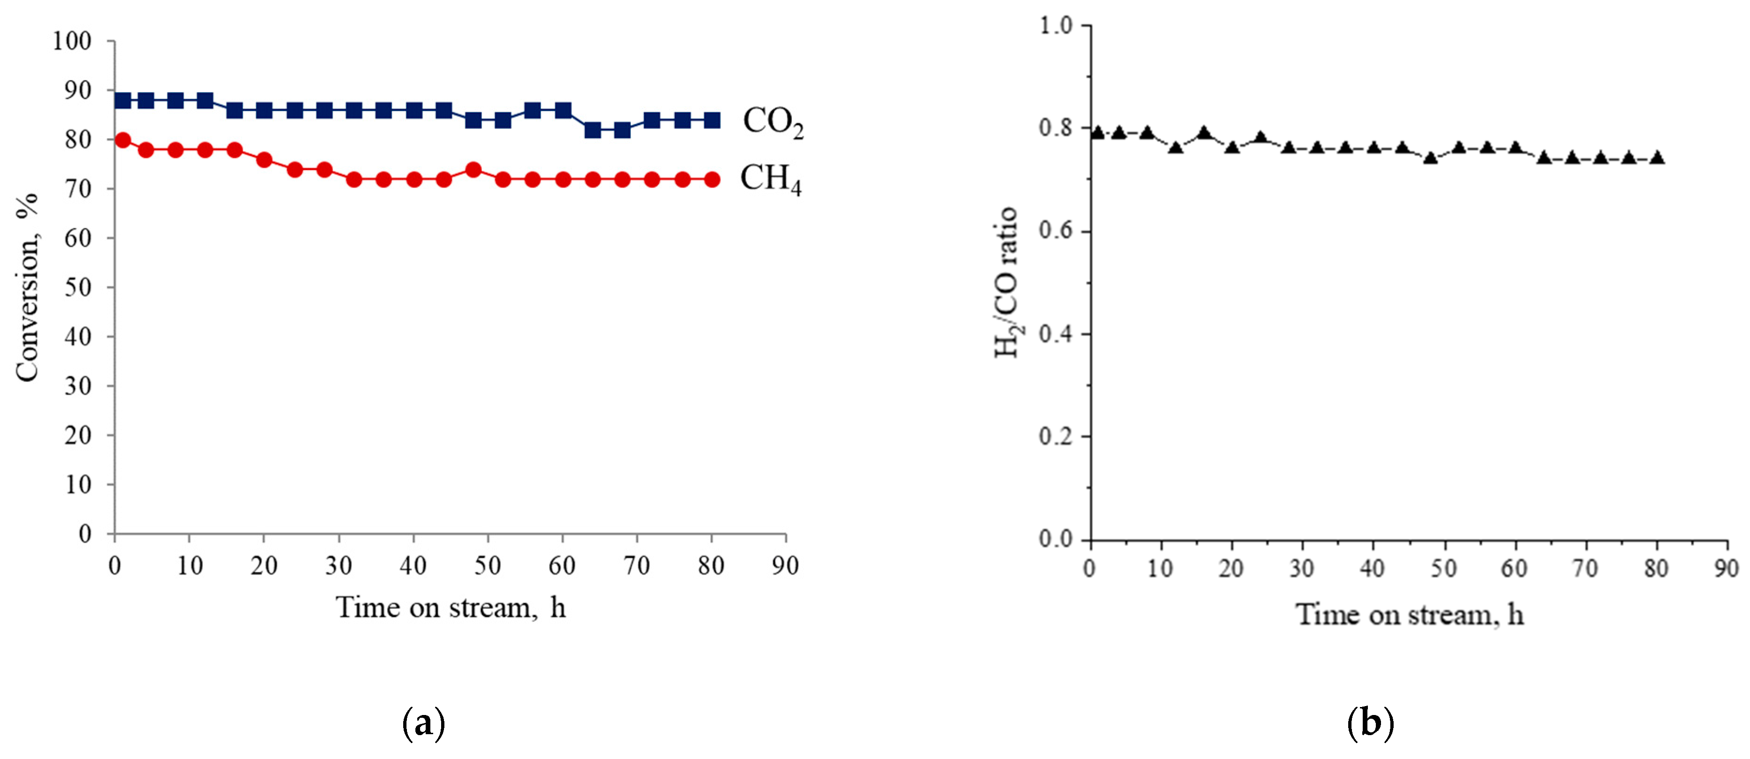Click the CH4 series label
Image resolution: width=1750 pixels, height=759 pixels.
click(x=770, y=179)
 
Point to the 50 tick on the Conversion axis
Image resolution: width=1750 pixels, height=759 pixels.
click(x=78, y=287)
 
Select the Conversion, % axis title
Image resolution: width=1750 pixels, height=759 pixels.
click(x=27, y=288)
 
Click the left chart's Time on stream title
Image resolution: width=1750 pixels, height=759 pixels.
click(x=450, y=607)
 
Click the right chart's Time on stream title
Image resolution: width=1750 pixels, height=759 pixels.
click(x=1410, y=615)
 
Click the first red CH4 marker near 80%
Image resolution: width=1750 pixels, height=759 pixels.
click(x=123, y=140)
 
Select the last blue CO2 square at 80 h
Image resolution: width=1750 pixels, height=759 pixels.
click(x=712, y=121)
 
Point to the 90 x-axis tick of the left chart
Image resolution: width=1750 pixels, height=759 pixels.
click(x=785, y=565)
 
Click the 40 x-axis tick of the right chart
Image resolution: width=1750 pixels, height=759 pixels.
click(x=1372, y=568)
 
